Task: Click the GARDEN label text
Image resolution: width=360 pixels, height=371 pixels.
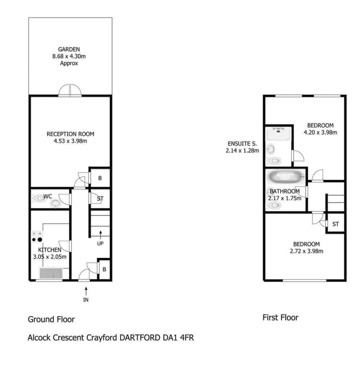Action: click(x=69, y=49)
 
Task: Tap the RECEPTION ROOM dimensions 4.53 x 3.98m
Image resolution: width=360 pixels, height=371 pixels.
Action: click(x=70, y=141)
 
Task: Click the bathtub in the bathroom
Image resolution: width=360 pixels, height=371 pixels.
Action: click(x=286, y=176)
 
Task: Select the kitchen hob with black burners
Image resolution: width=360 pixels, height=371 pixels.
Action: click(x=37, y=237)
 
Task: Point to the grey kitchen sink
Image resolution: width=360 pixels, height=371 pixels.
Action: click(x=51, y=273)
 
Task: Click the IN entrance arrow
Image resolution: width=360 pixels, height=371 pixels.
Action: click(x=86, y=291)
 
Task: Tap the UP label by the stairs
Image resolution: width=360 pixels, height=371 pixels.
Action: click(x=100, y=243)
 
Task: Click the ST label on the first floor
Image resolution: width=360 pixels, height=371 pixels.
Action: click(x=335, y=224)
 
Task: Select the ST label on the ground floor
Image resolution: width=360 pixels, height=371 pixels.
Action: click(x=100, y=199)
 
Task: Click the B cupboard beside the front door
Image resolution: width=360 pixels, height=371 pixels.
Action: click(x=104, y=270)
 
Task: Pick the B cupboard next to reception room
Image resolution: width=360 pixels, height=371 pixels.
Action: click(x=100, y=178)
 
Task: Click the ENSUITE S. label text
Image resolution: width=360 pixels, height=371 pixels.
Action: click(x=242, y=143)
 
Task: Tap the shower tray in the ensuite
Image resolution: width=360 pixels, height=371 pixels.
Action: click(x=278, y=134)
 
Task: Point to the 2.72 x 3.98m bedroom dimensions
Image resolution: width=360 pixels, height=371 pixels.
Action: click(x=306, y=251)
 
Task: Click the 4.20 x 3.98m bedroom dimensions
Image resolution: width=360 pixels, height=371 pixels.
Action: click(x=320, y=132)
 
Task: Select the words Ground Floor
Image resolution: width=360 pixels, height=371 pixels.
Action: click(x=51, y=320)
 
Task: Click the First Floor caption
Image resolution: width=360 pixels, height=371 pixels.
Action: click(x=281, y=317)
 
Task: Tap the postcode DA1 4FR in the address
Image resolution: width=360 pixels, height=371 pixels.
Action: click(x=178, y=338)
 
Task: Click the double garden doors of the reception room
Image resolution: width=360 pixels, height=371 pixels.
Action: click(x=70, y=90)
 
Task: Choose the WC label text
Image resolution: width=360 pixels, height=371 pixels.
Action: click(x=48, y=196)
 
